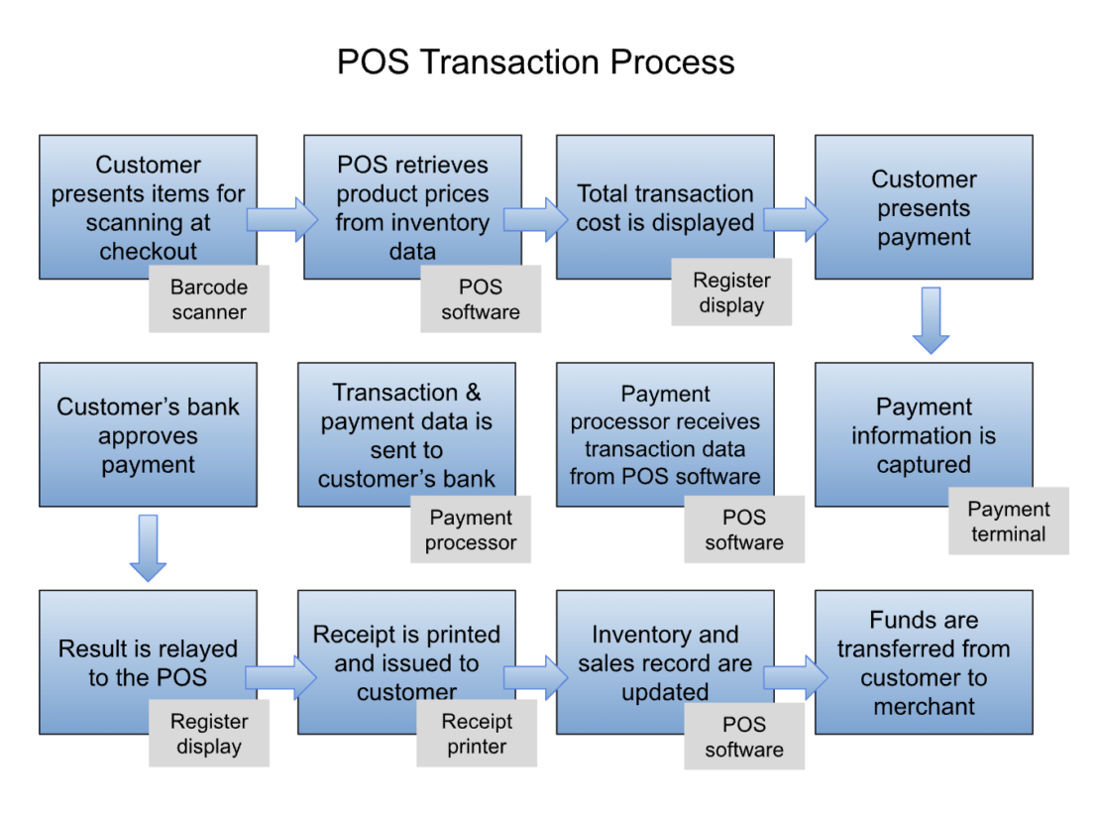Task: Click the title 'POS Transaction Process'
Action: (535, 61)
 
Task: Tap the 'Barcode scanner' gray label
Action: (208, 299)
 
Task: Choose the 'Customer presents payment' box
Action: (923, 207)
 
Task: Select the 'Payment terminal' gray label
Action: (1008, 522)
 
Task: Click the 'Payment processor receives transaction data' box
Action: (664, 434)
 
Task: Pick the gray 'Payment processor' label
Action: (471, 529)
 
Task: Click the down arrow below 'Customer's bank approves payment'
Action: (148, 547)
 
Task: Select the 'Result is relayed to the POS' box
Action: (148, 661)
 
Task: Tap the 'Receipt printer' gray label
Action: (477, 734)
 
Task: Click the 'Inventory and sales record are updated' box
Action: (664, 661)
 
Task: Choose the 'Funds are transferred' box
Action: (923, 661)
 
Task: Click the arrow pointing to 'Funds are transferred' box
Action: (795, 677)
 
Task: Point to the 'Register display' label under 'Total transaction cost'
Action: (730, 292)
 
